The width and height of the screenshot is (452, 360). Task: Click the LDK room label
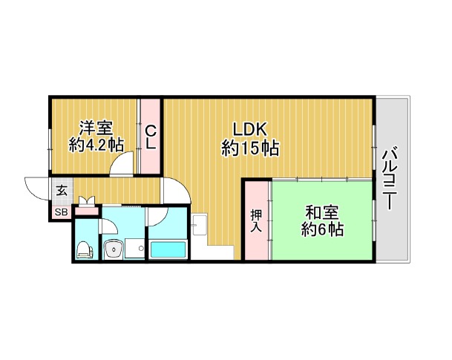(250, 129)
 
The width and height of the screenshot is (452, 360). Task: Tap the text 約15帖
(250, 148)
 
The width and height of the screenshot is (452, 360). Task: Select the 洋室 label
(96, 128)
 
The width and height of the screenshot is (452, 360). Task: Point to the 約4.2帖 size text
(96, 145)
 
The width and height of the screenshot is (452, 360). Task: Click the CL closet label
(150, 137)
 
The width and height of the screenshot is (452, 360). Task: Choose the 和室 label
(322, 213)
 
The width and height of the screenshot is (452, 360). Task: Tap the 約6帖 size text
(322, 229)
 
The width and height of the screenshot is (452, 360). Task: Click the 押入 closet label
(256, 221)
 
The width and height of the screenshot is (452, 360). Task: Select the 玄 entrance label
(62, 191)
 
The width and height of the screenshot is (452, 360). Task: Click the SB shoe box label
(61, 213)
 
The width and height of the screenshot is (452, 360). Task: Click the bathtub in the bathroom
(168, 249)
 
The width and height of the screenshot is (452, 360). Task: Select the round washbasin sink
(114, 249)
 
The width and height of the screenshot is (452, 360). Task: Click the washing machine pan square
(135, 249)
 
